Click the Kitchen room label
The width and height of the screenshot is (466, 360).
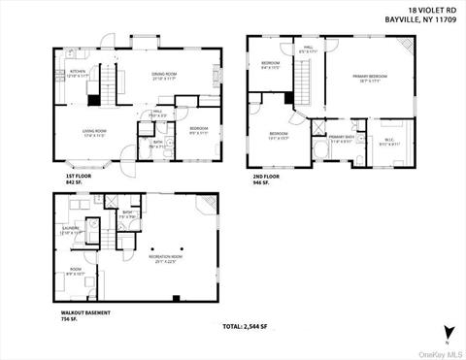tap(78, 71)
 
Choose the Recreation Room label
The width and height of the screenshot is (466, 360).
tap(161, 256)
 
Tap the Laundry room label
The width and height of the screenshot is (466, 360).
tap(72, 230)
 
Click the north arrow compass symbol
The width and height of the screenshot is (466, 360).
tap(448, 332)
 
